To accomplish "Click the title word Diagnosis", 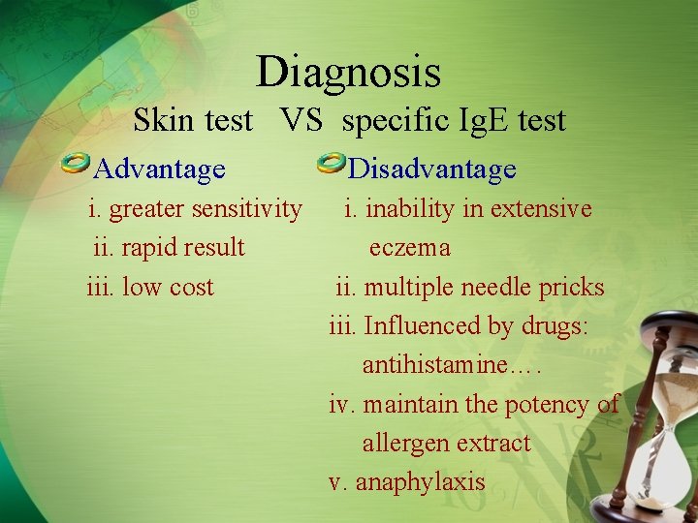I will click(x=348, y=73).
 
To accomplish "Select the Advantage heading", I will click(x=160, y=170).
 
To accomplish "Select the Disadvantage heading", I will click(x=431, y=170).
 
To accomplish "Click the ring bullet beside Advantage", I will click(x=76, y=166).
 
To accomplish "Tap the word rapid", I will click(x=134, y=248).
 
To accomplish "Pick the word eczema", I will click(x=409, y=249).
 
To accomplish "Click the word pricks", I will click(x=573, y=288).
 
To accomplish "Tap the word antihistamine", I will click(x=435, y=365).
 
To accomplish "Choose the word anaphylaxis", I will click(x=420, y=482).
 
